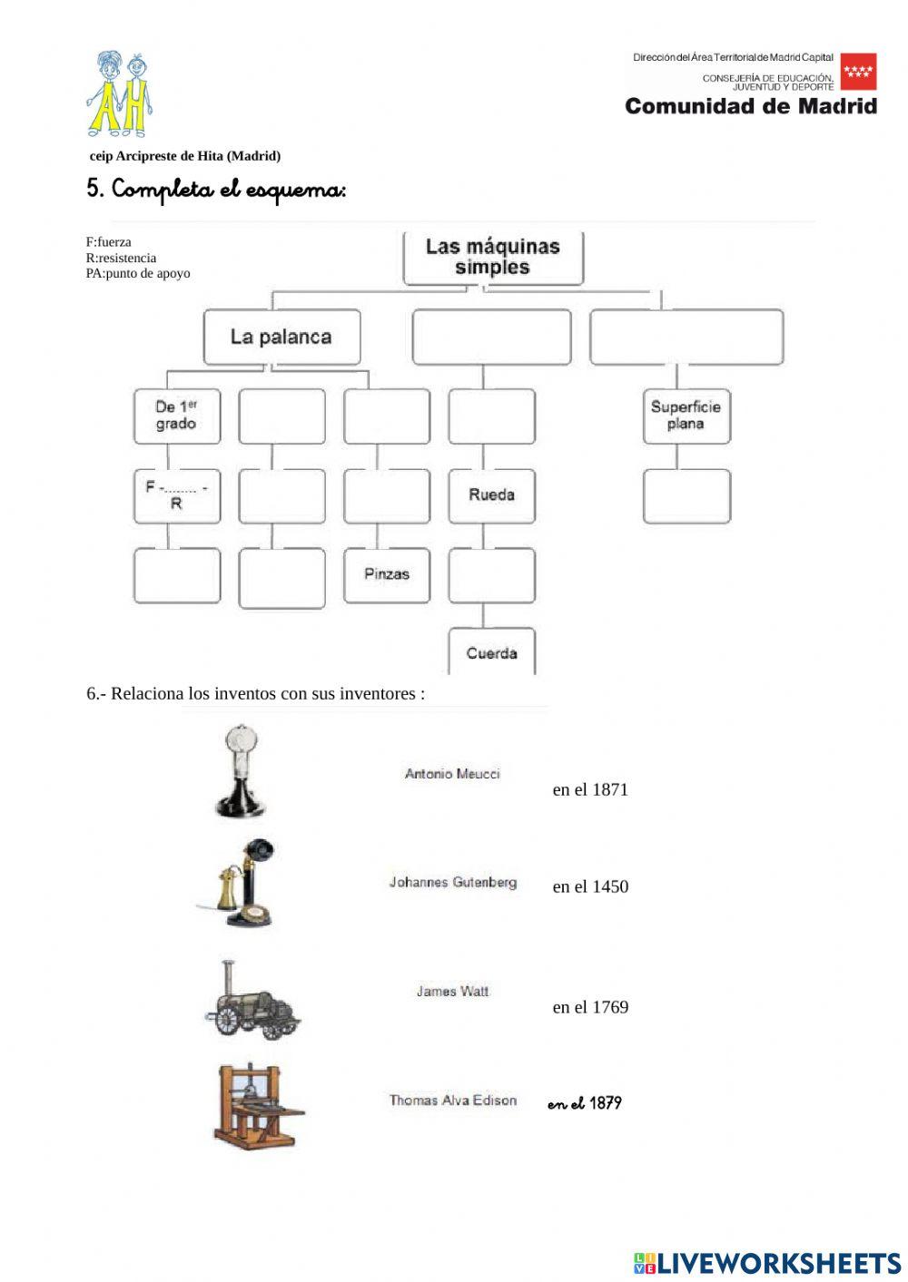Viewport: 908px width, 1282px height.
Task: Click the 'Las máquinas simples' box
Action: tap(492, 258)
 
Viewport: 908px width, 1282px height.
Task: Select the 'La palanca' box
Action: tap(281, 338)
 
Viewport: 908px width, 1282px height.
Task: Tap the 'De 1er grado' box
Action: tap(177, 416)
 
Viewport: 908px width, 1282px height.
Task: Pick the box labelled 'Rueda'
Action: tap(491, 495)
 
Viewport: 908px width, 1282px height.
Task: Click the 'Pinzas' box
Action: tap(387, 575)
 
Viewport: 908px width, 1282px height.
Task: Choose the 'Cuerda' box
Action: tap(491, 652)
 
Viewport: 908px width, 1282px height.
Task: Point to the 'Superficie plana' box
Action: tap(686, 416)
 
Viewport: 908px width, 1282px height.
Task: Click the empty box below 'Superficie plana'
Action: tap(686, 496)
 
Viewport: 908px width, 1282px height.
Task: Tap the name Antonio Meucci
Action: tap(452, 774)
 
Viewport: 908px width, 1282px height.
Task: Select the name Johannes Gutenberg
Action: tap(452, 882)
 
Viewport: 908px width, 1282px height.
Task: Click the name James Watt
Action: tap(452, 992)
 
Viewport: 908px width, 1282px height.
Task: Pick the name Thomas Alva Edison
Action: tap(452, 1101)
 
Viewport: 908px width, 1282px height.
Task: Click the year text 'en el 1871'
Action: tap(590, 790)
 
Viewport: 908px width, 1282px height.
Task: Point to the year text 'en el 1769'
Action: tap(590, 1007)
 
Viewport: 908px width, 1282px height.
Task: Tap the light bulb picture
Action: tap(241, 771)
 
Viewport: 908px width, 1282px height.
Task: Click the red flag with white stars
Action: tap(858, 72)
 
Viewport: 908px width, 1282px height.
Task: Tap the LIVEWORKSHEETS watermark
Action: tap(767, 1263)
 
